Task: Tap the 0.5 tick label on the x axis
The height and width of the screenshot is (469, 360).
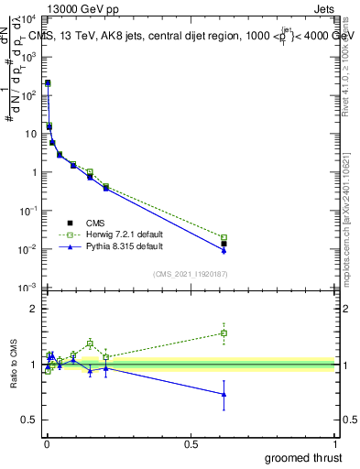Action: click(191, 443)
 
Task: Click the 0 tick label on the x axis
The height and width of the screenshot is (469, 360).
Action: click(47, 443)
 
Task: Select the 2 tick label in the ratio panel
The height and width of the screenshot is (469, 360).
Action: click(34, 309)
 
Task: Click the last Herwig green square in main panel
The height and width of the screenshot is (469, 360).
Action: click(224, 237)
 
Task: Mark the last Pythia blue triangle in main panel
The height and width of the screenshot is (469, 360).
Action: click(224, 250)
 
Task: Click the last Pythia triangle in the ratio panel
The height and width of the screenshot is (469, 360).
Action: click(224, 394)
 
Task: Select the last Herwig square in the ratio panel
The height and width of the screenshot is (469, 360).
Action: click(224, 333)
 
